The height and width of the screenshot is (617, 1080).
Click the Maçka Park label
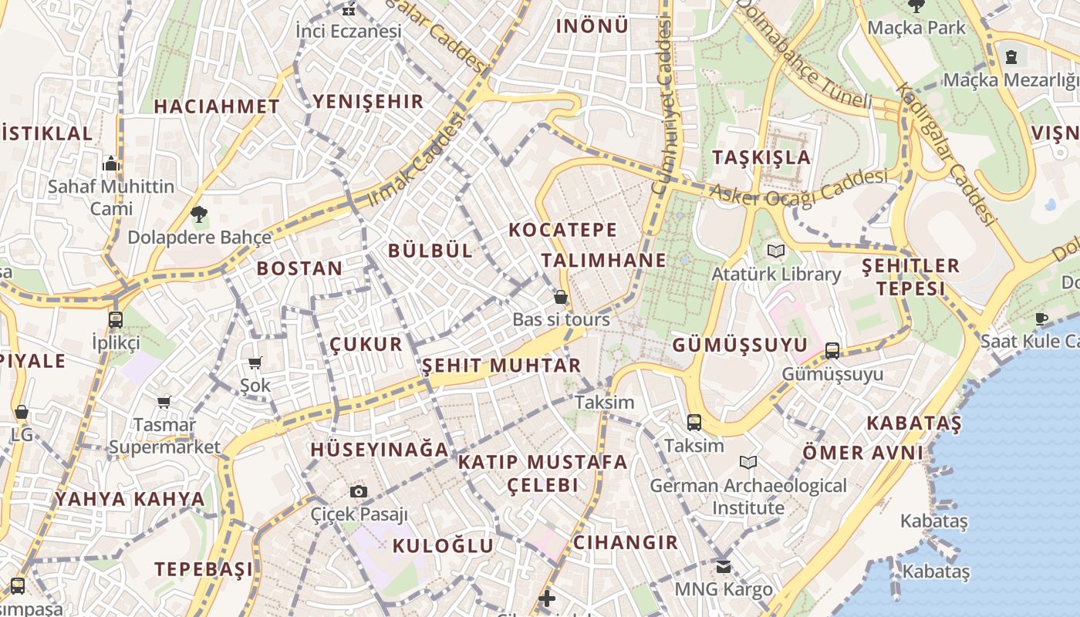tap(916, 28)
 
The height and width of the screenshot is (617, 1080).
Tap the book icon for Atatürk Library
tap(775, 251)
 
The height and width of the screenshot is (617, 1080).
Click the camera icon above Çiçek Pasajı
tap(358, 491)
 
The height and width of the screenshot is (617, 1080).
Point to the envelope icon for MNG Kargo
tap(723, 567)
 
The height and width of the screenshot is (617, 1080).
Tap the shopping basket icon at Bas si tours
tap(561, 297)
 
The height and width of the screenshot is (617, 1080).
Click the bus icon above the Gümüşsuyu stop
tap(832, 351)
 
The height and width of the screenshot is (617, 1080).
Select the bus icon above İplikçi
tap(116, 319)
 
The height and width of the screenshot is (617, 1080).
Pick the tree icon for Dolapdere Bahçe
tap(199, 214)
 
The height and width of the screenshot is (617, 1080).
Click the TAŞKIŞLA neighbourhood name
tap(761, 157)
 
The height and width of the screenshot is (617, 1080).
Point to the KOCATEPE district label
tap(563, 230)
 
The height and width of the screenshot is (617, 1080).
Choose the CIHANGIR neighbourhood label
tap(626, 542)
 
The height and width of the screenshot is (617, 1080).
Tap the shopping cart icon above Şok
tap(255, 362)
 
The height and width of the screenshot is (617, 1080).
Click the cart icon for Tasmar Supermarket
tap(164, 402)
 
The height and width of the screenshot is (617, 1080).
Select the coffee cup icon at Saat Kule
tap(1041, 319)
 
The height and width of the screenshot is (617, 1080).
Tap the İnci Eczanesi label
tap(349, 32)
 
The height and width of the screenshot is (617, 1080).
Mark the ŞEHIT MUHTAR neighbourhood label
tap(501, 366)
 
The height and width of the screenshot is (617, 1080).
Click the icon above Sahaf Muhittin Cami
tap(111, 164)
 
